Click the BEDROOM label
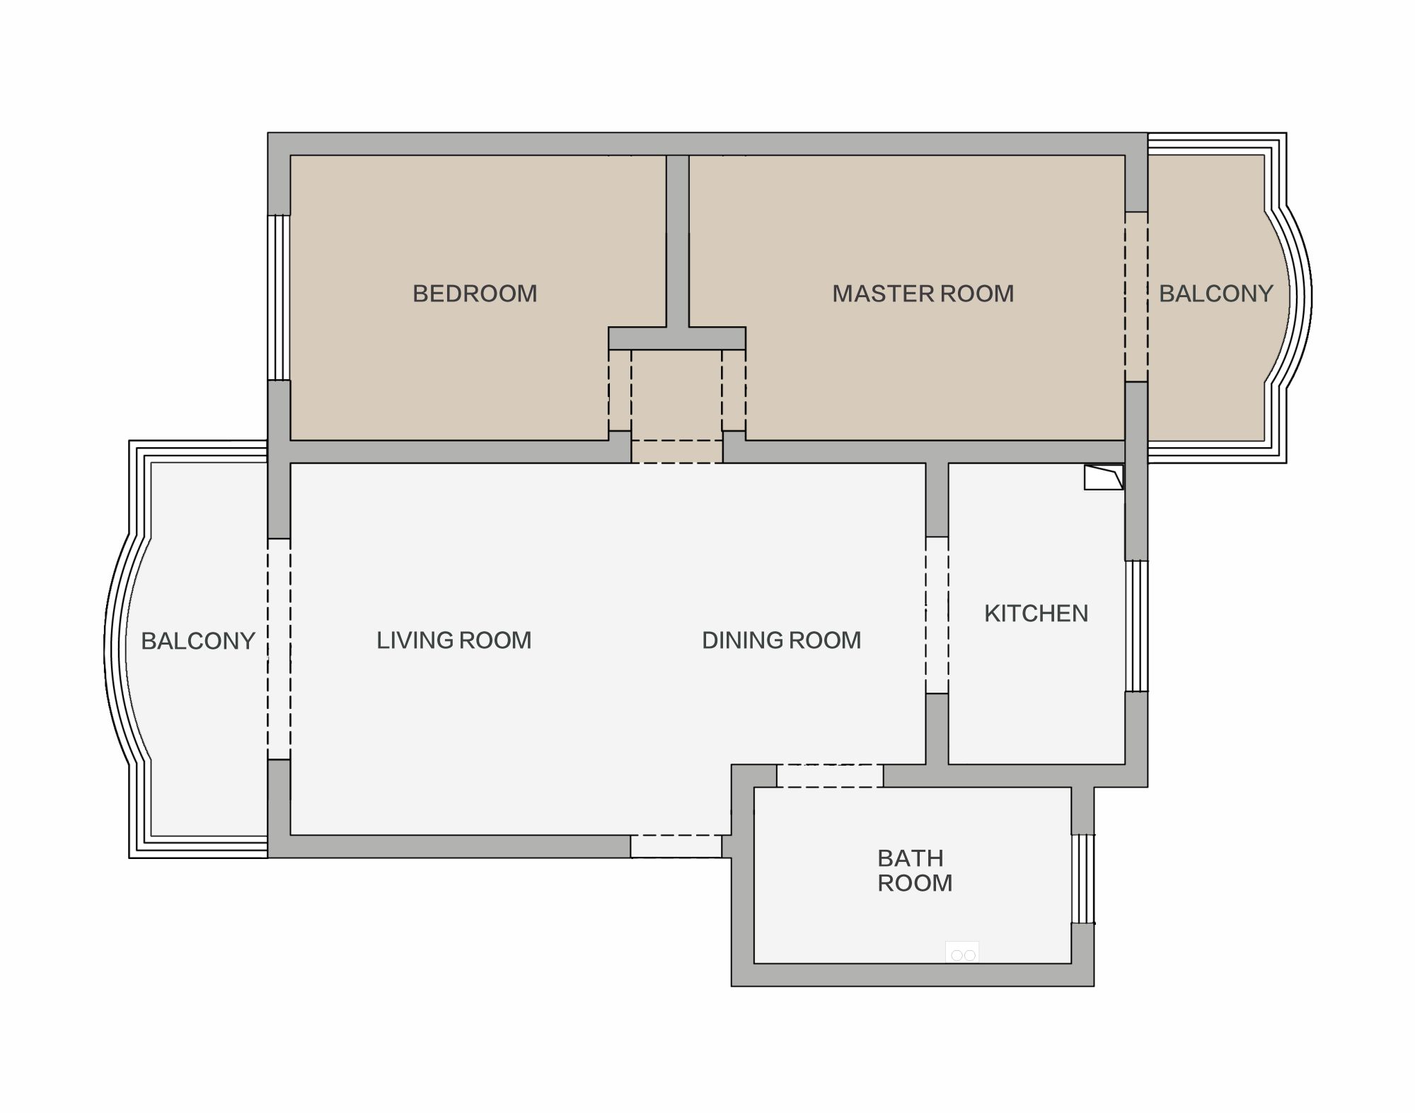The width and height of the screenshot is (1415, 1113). pyautogui.click(x=475, y=294)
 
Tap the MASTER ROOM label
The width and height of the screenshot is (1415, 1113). pyautogui.click(x=923, y=294)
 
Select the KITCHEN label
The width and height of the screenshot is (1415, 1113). pyautogui.click(x=1036, y=613)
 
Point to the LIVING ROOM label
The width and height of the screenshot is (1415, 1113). pyautogui.click(x=454, y=640)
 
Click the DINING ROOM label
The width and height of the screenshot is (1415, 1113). pyautogui.click(x=781, y=640)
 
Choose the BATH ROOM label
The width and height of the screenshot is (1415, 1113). pyautogui.click(x=915, y=870)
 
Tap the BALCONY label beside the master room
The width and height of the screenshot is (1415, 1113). pyautogui.click(x=1215, y=294)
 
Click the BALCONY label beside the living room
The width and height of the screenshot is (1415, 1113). pyautogui.click(x=198, y=641)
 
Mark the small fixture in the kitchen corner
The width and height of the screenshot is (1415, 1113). pyautogui.click(x=1104, y=477)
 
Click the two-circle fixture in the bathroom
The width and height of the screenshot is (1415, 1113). pyautogui.click(x=963, y=955)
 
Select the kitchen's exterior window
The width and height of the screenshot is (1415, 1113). pyautogui.click(x=1136, y=625)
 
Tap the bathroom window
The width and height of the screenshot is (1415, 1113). pyautogui.click(x=1082, y=879)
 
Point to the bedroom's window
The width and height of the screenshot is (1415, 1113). pyautogui.click(x=279, y=298)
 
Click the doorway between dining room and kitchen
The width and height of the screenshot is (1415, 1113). pyautogui.click(x=937, y=615)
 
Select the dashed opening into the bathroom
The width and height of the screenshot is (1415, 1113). pyautogui.click(x=830, y=775)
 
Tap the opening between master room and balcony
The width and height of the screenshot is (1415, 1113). pyautogui.click(x=1136, y=297)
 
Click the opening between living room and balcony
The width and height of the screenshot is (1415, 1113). pyautogui.click(x=279, y=649)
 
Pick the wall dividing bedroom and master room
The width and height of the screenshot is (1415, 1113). pyautogui.click(x=678, y=241)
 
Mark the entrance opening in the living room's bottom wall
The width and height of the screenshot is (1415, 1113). pyautogui.click(x=676, y=846)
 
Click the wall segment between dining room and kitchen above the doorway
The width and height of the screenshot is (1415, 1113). pyautogui.click(x=937, y=500)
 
